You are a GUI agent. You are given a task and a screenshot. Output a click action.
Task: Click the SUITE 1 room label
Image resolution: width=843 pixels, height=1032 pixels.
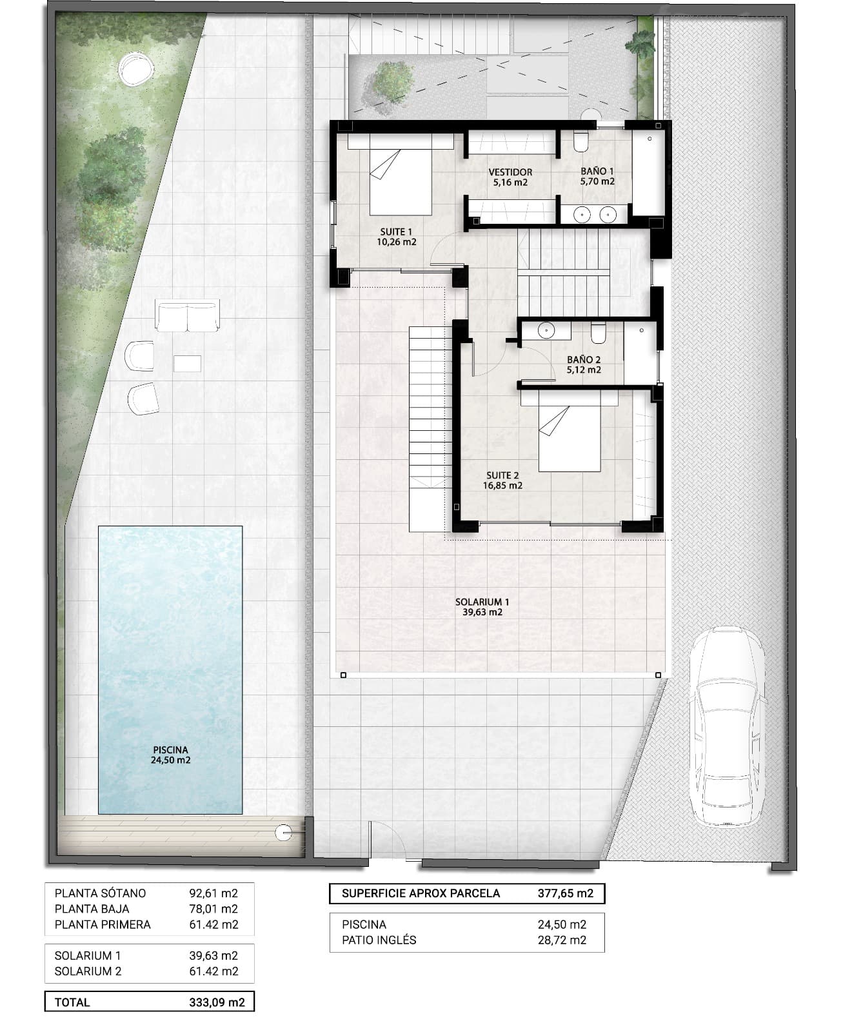pos(396,237)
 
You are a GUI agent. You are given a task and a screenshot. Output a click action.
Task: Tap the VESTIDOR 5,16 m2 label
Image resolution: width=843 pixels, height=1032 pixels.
pos(510,177)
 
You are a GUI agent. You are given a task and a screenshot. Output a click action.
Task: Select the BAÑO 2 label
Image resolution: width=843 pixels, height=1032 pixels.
pos(584,365)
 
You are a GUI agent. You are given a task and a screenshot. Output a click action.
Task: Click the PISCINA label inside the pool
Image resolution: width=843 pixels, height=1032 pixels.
pos(171,755)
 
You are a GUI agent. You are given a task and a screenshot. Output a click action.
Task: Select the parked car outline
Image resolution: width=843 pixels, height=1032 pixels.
pos(727,726)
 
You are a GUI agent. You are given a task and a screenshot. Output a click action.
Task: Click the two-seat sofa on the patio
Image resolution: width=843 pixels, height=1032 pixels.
pos(187,317)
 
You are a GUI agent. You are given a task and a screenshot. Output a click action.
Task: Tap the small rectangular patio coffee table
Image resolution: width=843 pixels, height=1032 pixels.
pos(187,363)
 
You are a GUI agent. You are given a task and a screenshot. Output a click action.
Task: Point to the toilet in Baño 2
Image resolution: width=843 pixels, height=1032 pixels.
pos(598,332)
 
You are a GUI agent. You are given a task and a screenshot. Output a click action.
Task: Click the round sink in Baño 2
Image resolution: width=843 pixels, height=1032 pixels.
pos(546,332)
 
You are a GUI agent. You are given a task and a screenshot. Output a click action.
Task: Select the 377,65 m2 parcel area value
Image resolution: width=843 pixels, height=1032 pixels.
pos(565,893)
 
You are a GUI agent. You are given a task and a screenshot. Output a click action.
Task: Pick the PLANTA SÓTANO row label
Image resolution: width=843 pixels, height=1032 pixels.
pos(100,893)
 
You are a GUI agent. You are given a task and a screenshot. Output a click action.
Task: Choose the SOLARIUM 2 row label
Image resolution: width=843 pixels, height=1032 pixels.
pos(88,971)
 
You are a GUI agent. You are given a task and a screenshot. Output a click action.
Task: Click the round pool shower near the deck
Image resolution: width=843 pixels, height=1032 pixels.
pos(283,832)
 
